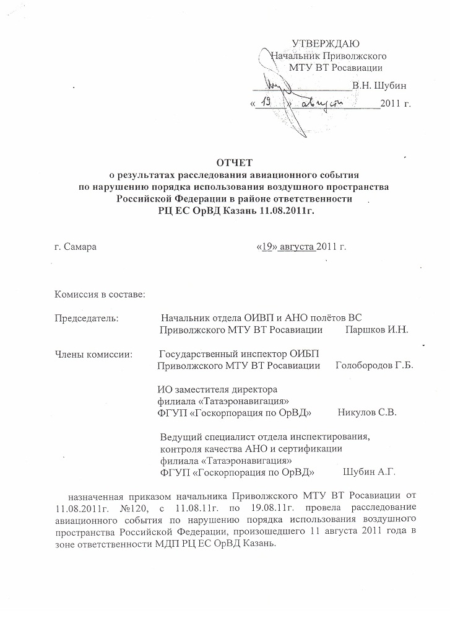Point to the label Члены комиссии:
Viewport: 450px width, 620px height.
point(90,355)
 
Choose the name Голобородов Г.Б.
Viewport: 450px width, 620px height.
point(373,366)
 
